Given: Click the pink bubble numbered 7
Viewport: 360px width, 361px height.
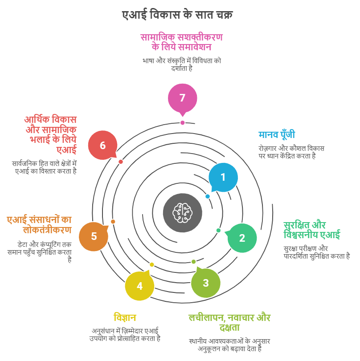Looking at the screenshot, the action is tap(182, 98).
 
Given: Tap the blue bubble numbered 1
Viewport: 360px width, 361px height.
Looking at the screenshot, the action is tap(223, 178).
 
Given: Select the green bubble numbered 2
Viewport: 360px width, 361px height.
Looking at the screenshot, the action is tap(242, 238).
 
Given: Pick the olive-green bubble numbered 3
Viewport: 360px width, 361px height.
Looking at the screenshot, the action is tap(205, 283).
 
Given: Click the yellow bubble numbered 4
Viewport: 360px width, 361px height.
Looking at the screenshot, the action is tap(139, 286).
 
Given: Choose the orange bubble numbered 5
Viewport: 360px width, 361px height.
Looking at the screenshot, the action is tap(94, 236).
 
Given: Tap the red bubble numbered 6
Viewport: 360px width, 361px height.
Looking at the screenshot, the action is tap(103, 145).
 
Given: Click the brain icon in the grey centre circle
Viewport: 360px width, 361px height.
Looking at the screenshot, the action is tap(182, 213).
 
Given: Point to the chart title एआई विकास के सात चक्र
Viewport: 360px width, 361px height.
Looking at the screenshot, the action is tap(177, 15).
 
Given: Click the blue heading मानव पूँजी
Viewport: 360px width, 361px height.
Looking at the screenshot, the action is tap(277, 135).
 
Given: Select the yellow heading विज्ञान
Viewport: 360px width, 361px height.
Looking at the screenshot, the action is tap(125, 318).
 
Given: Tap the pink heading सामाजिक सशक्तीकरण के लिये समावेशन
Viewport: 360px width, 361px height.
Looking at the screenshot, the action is tap(181, 42).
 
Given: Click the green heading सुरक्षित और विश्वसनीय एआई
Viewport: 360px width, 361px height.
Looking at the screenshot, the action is tap(311, 230).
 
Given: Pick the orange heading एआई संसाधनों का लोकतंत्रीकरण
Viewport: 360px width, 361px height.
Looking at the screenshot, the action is tap(39, 225).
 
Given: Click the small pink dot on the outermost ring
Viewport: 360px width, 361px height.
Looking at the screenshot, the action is tap(183, 123).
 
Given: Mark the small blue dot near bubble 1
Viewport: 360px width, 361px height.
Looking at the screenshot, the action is tap(208, 196).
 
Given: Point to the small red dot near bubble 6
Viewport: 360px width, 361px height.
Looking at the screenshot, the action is tap(121, 162).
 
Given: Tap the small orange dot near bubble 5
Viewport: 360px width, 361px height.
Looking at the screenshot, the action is tap(113, 222).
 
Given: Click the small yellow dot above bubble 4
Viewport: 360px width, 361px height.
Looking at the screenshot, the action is tap(151, 264).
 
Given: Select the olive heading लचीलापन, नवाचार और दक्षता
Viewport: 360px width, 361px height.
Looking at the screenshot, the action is tap(229, 323).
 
